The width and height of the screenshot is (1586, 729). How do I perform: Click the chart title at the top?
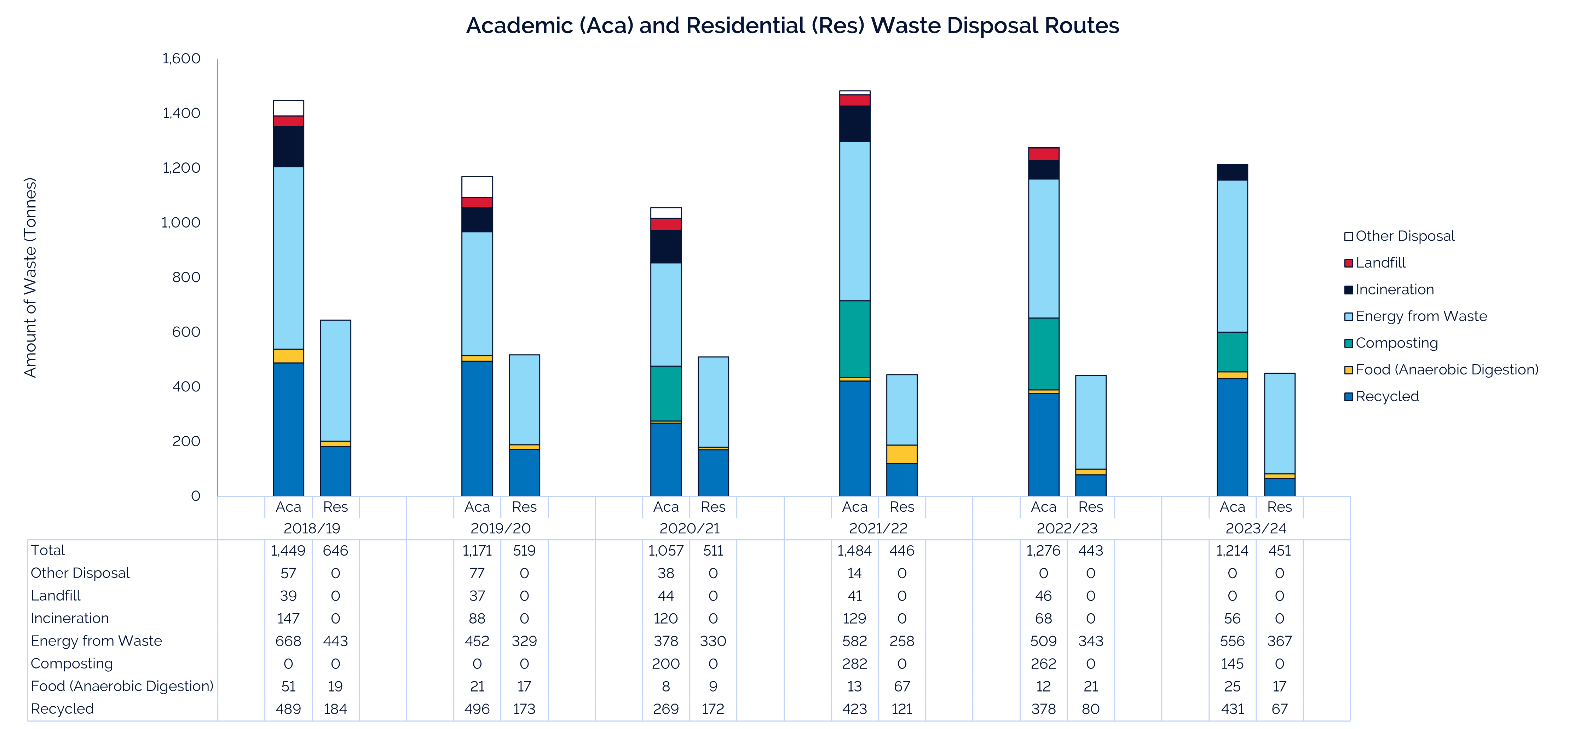(x=792, y=26)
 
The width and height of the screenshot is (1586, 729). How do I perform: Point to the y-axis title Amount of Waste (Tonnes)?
(x=30, y=277)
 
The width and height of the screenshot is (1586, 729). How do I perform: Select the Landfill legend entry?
(x=1380, y=263)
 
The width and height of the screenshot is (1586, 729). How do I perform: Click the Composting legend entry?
(x=1396, y=343)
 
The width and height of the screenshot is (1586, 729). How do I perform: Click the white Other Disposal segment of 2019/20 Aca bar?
(x=477, y=186)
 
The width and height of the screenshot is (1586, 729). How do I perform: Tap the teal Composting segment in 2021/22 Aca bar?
(x=855, y=339)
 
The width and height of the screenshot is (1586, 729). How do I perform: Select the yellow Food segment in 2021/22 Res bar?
(x=902, y=454)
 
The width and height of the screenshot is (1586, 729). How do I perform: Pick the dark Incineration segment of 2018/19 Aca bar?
(x=288, y=147)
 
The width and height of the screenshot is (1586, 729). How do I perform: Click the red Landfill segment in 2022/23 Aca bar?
(x=1044, y=154)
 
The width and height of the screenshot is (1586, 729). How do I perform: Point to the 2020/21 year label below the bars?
(x=689, y=528)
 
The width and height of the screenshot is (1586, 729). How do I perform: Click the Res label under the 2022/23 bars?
(x=1090, y=507)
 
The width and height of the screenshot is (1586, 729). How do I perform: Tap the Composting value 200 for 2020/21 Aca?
(x=665, y=664)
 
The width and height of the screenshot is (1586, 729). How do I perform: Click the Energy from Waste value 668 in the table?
(x=288, y=641)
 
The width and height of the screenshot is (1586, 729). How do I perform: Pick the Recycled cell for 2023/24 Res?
(x=1279, y=709)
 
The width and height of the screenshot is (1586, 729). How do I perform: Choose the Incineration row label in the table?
(x=70, y=618)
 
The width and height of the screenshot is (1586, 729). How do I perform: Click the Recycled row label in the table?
(x=62, y=709)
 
